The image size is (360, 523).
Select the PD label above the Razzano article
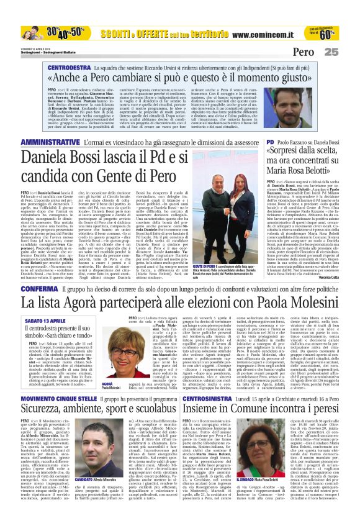[x=271, y=142]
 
